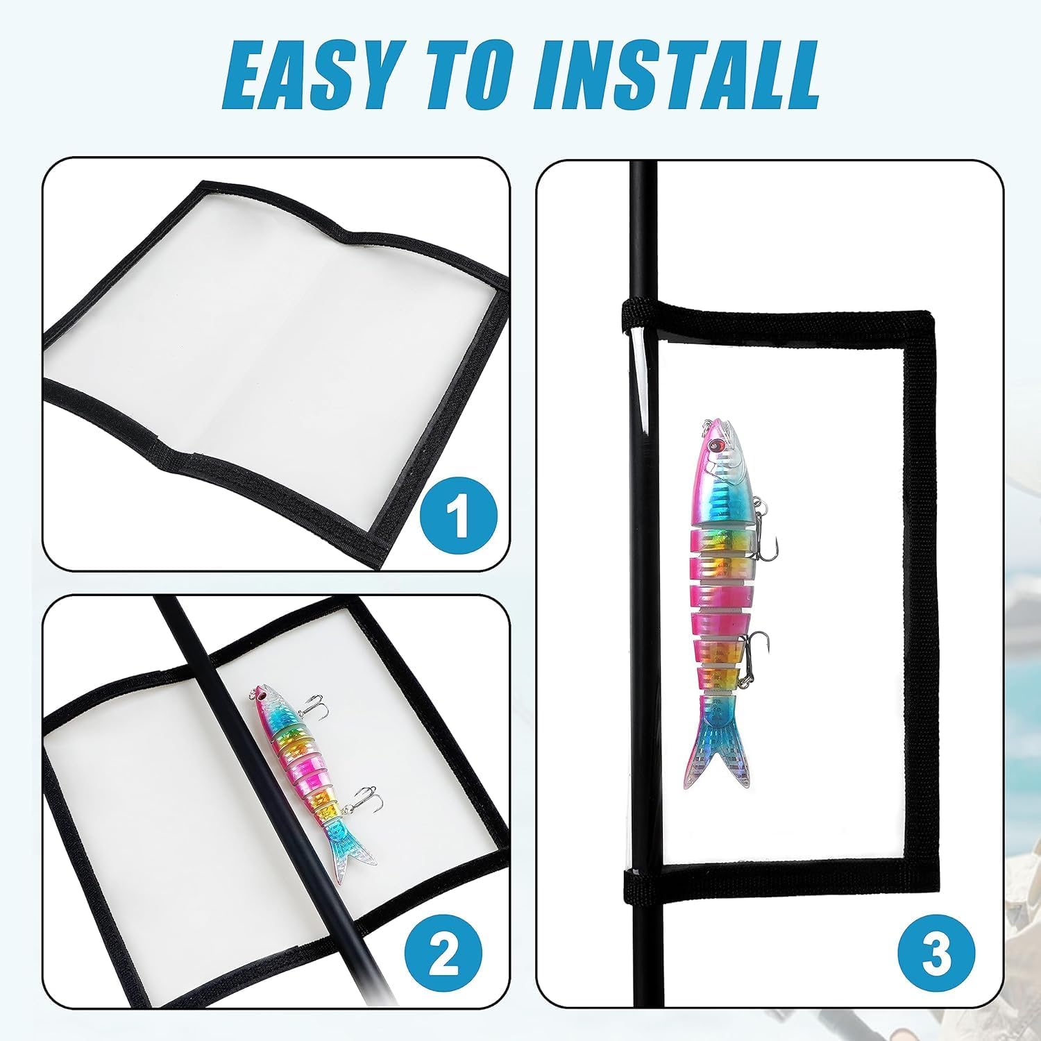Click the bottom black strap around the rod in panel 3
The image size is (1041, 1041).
pos(637,882)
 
